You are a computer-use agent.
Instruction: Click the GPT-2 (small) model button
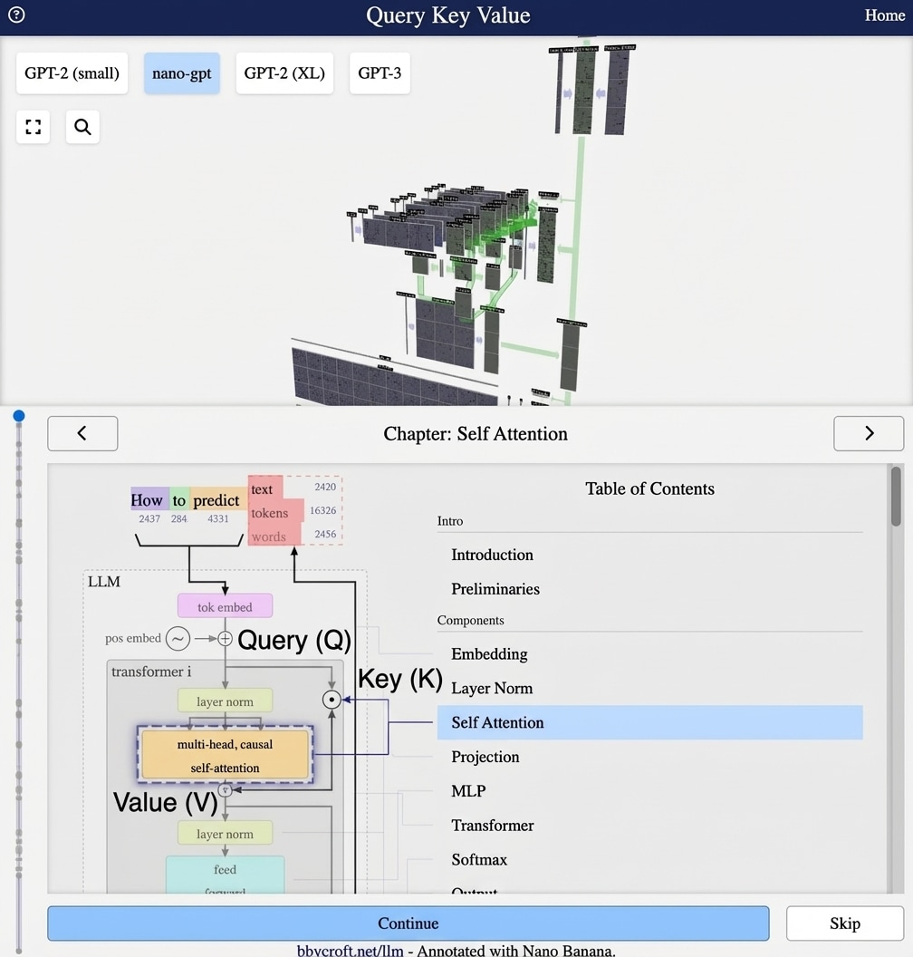point(72,73)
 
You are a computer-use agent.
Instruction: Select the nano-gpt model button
point(181,73)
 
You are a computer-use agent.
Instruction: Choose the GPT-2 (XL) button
point(284,73)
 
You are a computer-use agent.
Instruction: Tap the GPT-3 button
point(380,73)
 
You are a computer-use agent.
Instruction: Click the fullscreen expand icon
point(34,127)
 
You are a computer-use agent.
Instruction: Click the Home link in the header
point(884,15)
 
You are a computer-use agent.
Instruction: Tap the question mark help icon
point(16,14)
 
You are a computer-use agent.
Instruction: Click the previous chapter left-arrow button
point(82,433)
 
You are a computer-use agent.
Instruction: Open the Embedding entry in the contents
point(489,653)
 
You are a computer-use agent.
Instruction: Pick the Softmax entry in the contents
point(479,859)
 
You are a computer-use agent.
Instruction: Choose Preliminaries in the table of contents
point(495,588)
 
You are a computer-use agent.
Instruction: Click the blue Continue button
point(408,923)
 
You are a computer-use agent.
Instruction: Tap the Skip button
point(844,923)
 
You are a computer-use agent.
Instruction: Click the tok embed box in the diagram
point(225,606)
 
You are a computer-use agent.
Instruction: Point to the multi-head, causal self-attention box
point(225,755)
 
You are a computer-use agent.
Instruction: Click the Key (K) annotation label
point(399,679)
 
